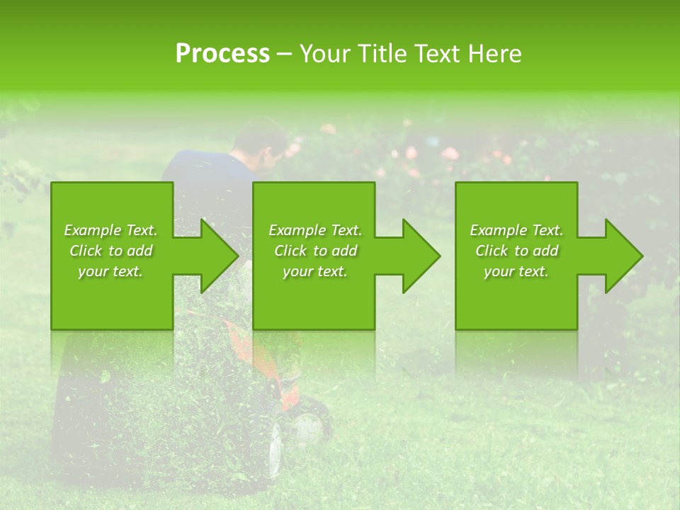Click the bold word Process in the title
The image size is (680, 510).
click(222, 54)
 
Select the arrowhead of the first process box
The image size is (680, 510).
click(220, 256)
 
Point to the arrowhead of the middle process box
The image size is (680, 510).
click(421, 256)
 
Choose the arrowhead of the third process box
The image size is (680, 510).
click(624, 256)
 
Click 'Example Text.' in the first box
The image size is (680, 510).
click(110, 230)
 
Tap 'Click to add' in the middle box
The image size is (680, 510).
click(315, 251)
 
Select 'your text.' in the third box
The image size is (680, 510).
click(516, 271)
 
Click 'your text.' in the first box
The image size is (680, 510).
click(110, 271)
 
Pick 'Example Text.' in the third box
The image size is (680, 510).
click(516, 230)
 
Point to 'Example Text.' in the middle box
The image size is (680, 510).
click(315, 230)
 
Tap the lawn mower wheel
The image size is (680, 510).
click(306, 426)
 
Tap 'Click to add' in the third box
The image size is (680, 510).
click(516, 251)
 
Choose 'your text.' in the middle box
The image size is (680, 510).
click(315, 271)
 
